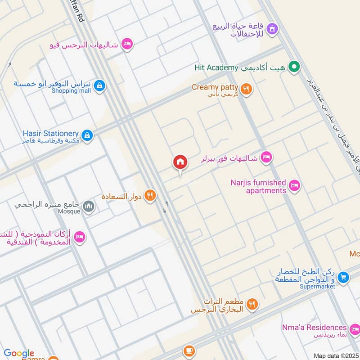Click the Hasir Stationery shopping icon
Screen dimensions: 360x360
(x=87, y=135)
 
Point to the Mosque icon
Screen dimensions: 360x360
(x=89, y=207)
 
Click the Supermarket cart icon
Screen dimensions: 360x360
(x=344, y=278)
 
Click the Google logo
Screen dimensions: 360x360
(x=19, y=354)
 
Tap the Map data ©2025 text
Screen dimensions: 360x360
(x=336, y=356)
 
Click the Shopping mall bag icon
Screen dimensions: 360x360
(x=100, y=85)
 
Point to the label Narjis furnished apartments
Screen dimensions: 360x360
(x=258, y=186)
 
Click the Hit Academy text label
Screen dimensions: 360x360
(x=216, y=68)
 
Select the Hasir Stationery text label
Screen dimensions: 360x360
(x=50, y=134)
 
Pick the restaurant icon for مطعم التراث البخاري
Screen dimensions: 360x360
(x=252, y=305)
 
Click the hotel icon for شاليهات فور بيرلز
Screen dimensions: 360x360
(x=266, y=157)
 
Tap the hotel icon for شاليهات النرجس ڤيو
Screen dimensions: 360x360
(x=127, y=44)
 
